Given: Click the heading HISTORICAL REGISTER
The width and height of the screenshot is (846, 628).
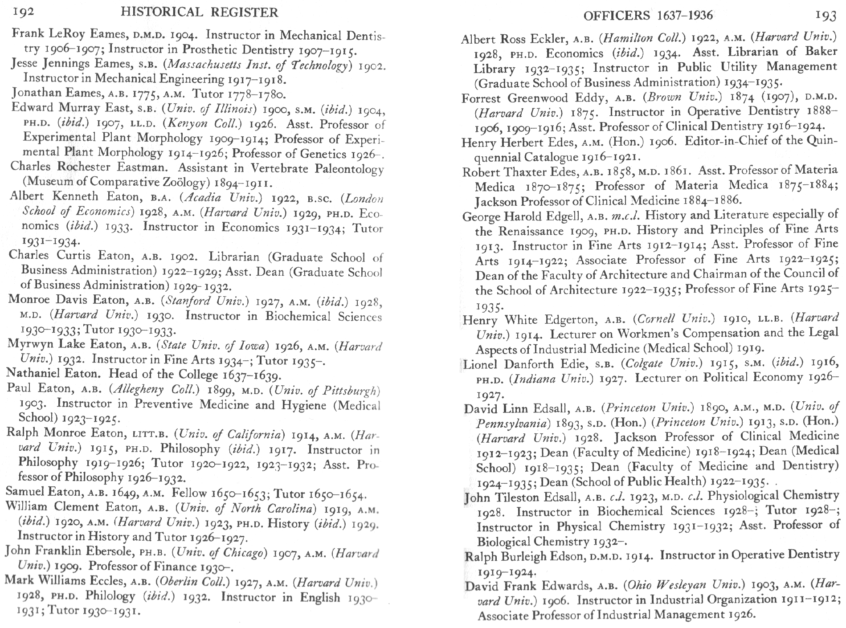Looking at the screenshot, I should click(199, 12).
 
